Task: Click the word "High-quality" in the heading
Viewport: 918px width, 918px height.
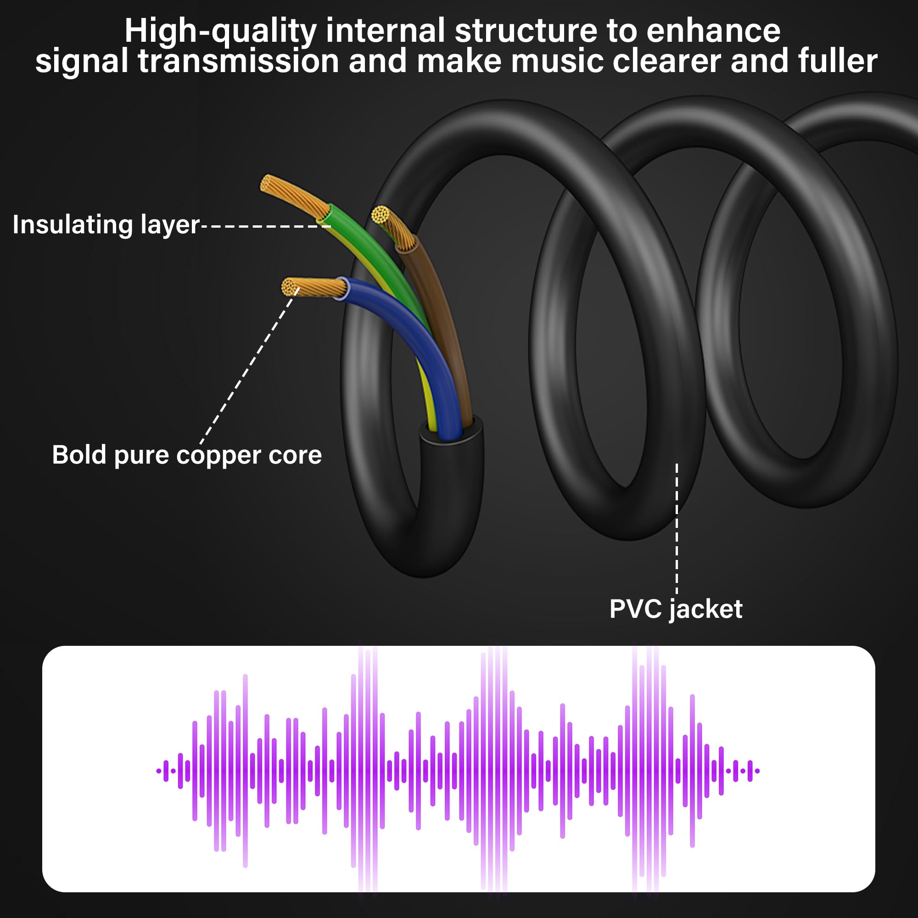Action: pyautogui.click(x=220, y=31)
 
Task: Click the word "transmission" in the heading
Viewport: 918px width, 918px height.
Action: pyautogui.click(x=238, y=62)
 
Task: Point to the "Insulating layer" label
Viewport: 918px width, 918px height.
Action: pyautogui.click(x=106, y=225)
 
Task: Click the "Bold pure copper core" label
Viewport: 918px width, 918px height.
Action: pyautogui.click(x=187, y=455)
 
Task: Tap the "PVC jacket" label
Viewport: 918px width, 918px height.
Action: pyautogui.click(x=675, y=609)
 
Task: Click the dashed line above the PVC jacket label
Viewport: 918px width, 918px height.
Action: pyautogui.click(x=677, y=527)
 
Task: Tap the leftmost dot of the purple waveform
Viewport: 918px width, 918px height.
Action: pyautogui.click(x=159, y=771)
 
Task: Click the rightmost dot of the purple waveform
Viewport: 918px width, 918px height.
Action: pyautogui.click(x=757, y=771)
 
